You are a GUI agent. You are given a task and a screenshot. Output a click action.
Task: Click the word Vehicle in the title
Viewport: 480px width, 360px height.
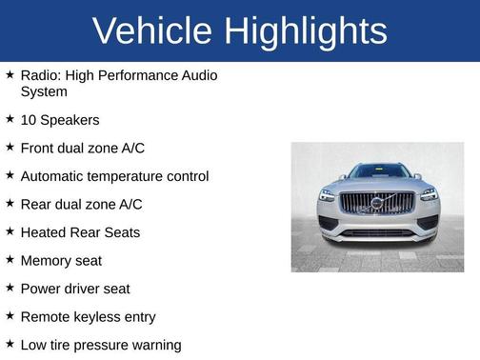tap(151, 30)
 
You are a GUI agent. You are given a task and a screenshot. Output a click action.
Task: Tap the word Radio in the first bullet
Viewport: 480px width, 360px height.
tap(39, 74)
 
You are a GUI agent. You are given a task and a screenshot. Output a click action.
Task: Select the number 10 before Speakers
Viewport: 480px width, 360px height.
tap(29, 120)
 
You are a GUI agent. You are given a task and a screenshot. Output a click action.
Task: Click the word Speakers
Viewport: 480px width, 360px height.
tap(70, 120)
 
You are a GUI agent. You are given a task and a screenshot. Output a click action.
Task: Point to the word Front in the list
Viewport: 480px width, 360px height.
tap(38, 149)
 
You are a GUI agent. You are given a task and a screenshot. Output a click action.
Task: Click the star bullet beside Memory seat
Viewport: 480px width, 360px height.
tap(10, 259)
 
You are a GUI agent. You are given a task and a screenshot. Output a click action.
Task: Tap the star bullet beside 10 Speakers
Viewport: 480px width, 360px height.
tap(10, 119)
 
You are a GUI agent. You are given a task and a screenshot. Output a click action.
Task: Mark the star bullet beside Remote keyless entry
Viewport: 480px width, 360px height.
tap(10, 315)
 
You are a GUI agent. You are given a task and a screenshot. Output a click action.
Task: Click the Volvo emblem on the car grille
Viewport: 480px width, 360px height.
tap(377, 203)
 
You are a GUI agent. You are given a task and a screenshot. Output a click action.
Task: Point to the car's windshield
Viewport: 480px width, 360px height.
tap(377, 172)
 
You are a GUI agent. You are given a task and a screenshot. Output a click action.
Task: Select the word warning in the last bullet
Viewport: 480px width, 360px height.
tap(155, 345)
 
